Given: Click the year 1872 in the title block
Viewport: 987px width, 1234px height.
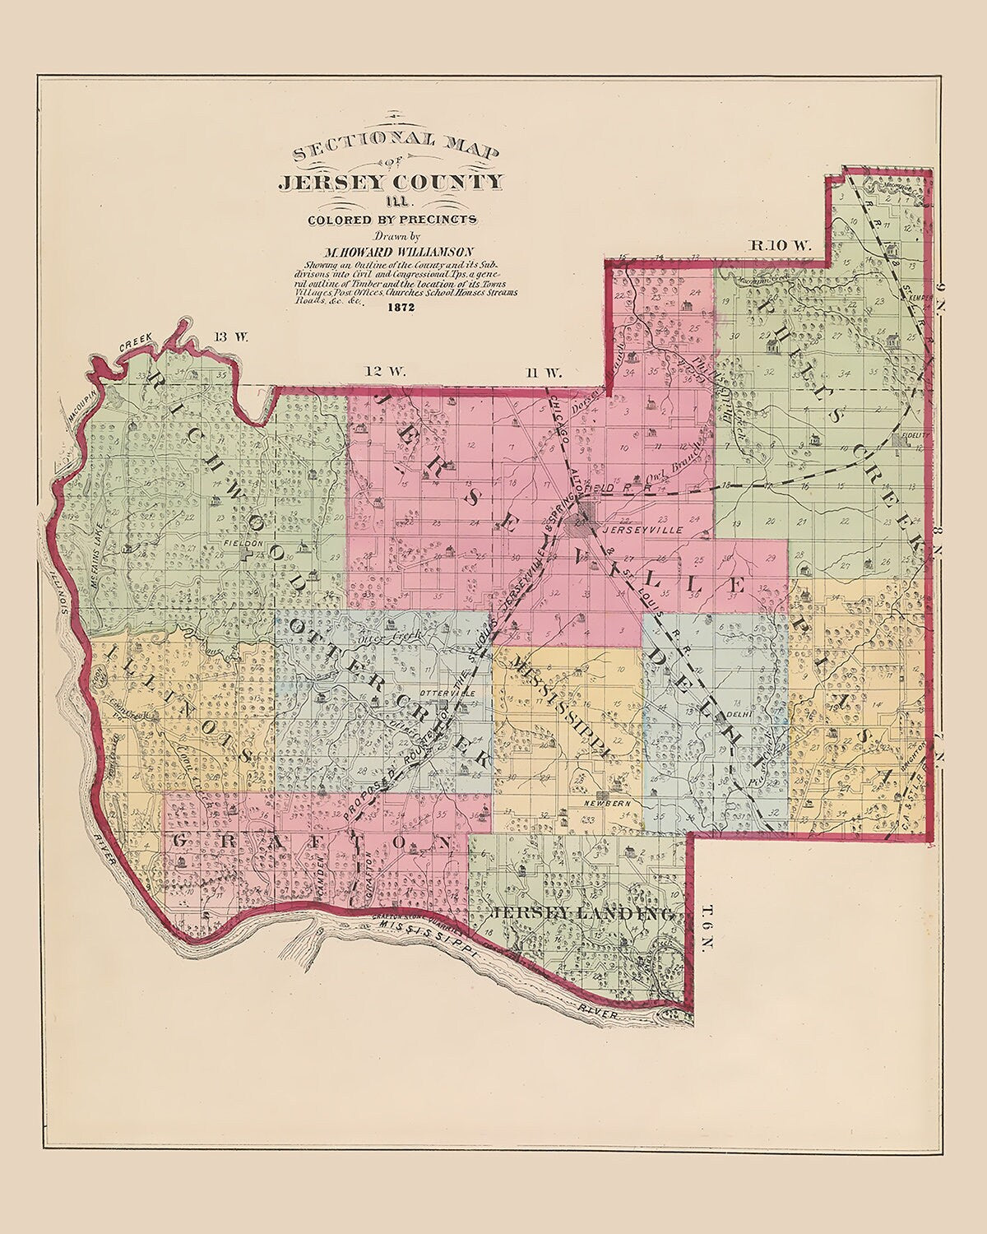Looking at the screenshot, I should point(403,308).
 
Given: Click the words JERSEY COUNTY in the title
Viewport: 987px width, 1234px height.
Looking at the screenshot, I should point(389,182).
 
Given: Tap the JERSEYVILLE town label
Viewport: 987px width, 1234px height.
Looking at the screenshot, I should point(632,531).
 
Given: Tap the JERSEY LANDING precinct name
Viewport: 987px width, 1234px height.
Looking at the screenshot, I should point(585,914).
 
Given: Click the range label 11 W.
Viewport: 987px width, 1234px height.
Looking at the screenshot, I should point(543,372).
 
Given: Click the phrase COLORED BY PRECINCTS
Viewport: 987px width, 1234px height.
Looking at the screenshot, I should point(392,219).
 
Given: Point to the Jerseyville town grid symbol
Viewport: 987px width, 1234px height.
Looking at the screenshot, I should point(585,519).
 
